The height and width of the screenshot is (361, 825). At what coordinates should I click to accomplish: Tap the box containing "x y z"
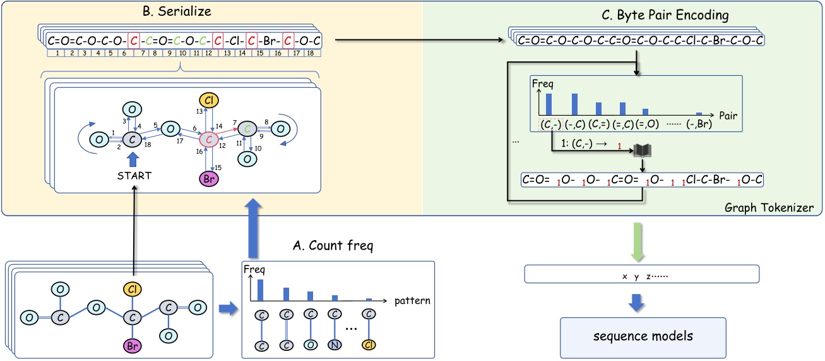(641, 274)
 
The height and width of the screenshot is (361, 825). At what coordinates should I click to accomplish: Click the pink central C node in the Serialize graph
(208, 137)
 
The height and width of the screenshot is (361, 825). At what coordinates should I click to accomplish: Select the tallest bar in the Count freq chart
(260, 290)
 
